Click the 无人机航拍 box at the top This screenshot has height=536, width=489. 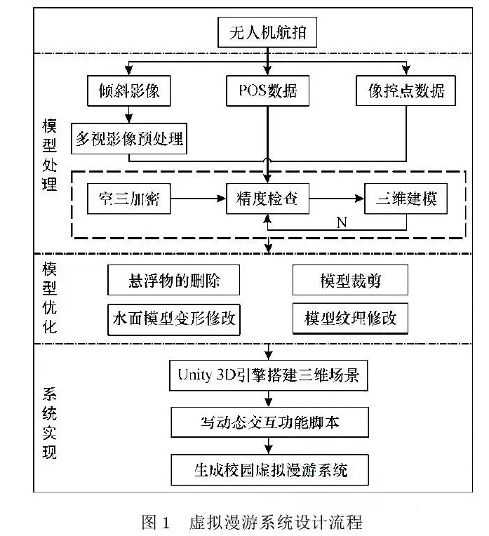click(x=267, y=32)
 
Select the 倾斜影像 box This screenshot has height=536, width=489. click(x=129, y=91)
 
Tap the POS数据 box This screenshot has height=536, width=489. click(x=267, y=91)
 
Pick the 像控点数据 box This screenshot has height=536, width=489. click(x=406, y=91)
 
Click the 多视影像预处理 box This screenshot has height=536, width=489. click(x=129, y=138)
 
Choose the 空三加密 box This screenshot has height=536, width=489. click(x=129, y=199)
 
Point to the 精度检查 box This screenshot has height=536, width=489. click(x=267, y=199)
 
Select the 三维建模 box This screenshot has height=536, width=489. click(x=406, y=199)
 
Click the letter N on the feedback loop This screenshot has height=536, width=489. click(x=342, y=222)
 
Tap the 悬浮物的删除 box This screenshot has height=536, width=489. click(x=174, y=280)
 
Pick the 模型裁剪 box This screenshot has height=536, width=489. click(x=350, y=280)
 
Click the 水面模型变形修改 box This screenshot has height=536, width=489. click(x=174, y=319)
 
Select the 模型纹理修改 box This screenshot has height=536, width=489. click(x=350, y=319)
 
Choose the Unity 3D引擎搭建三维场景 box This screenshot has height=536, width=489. click(x=269, y=375)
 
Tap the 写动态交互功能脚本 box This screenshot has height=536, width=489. click(x=269, y=422)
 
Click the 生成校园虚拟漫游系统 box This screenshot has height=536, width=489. click(x=269, y=469)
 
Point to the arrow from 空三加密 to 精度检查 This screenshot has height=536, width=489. click(x=199, y=199)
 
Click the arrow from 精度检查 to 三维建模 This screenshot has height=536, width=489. click(x=337, y=199)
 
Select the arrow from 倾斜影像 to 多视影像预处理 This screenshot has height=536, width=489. click(x=128, y=114)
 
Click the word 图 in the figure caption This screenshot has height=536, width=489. click(x=149, y=522)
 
